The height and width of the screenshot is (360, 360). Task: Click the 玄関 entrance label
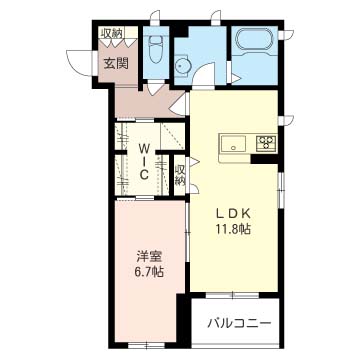[116, 63]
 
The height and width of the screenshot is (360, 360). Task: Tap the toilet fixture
[155, 49]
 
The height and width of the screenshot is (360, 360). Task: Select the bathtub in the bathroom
[255, 41]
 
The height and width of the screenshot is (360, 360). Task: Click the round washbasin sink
[182, 66]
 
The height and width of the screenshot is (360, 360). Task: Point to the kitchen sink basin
[232, 143]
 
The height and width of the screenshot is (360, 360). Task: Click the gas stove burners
[266, 143]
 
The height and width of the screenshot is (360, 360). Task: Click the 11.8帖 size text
[232, 230]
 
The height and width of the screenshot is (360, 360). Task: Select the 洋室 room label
[149, 257]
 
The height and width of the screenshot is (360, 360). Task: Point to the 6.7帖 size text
[149, 273]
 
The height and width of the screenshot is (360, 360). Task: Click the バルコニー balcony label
[239, 323]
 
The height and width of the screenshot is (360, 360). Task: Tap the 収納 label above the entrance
[112, 33]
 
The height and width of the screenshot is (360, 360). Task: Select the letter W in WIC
[144, 147]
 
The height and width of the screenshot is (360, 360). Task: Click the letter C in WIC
[144, 175]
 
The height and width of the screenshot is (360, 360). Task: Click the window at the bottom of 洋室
[147, 346]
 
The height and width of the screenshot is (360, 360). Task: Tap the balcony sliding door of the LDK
[232, 295]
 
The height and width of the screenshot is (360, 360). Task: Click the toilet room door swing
[156, 87]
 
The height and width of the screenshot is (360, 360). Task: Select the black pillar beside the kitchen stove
[265, 159]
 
